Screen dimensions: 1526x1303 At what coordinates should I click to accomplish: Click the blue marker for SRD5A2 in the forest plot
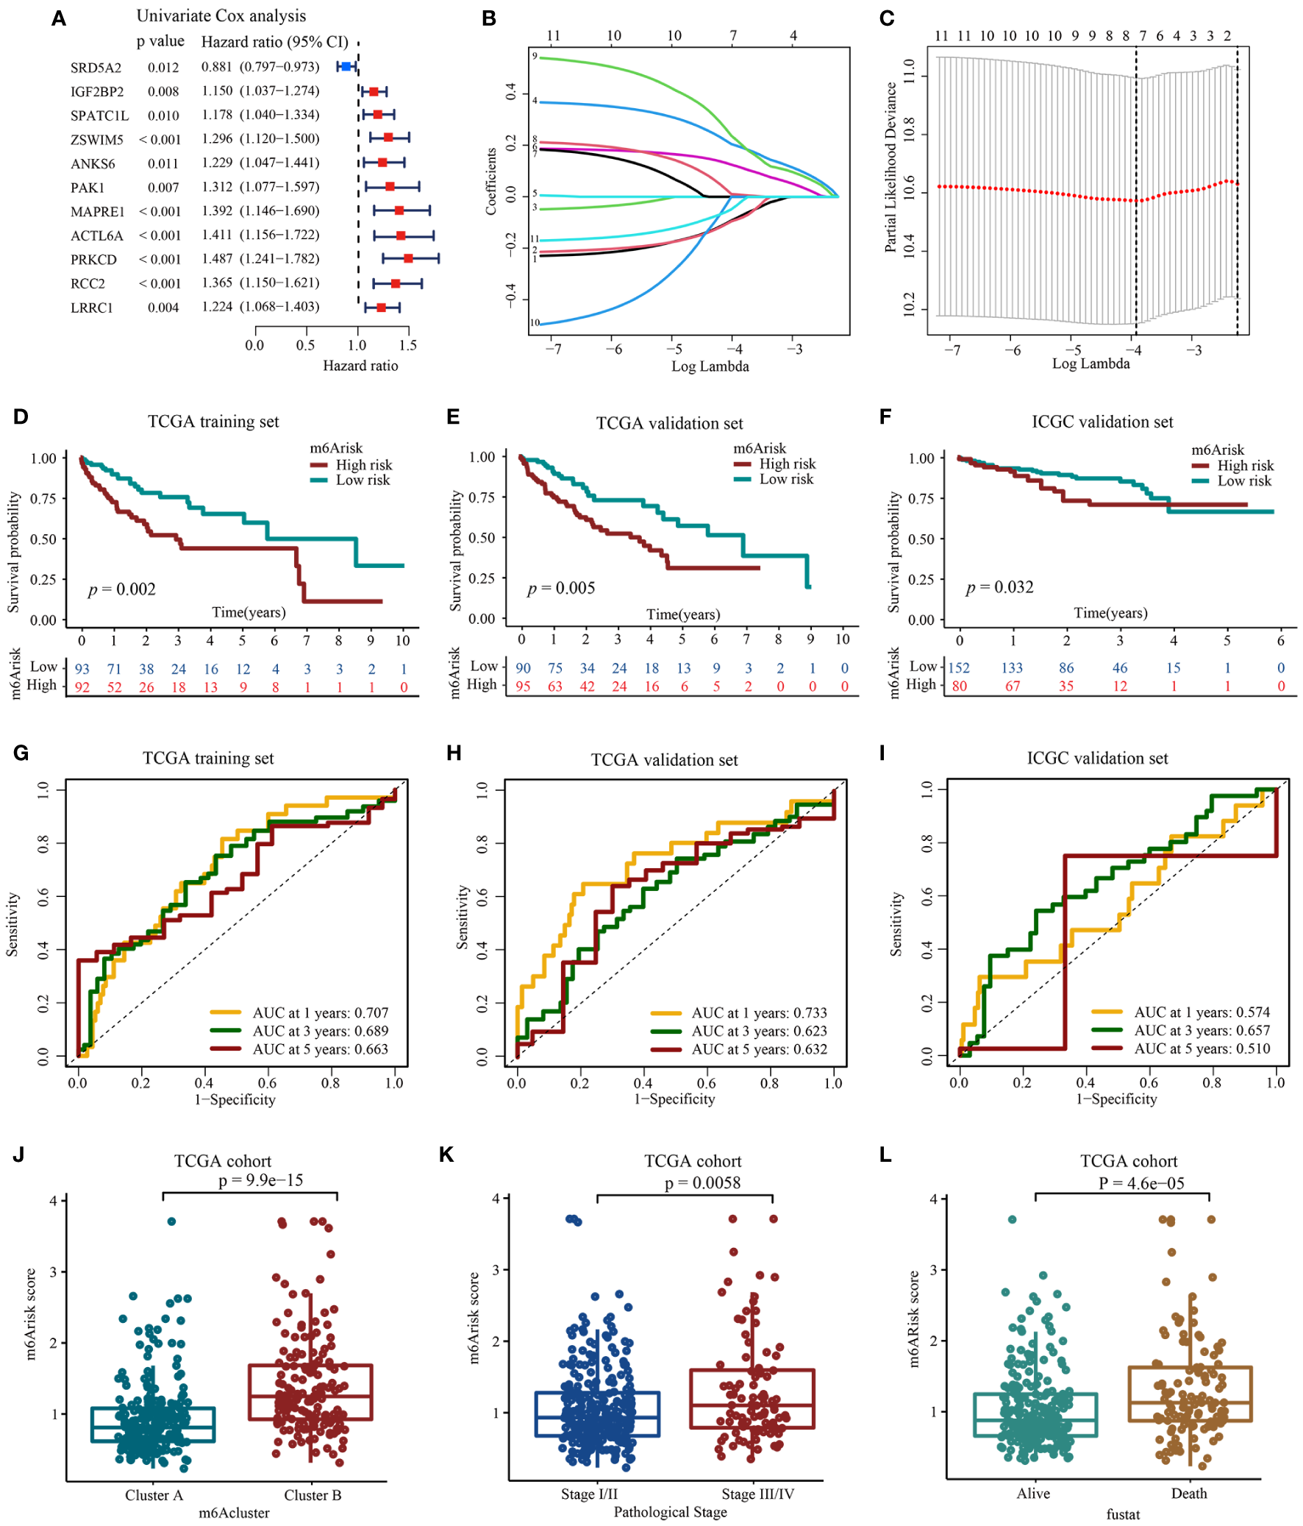[x=346, y=66]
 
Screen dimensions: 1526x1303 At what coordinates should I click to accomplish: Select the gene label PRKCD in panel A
[x=93, y=260]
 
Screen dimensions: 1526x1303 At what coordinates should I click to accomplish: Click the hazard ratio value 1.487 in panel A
[x=217, y=259]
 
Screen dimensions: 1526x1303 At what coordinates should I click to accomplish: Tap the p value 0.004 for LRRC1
[x=163, y=308]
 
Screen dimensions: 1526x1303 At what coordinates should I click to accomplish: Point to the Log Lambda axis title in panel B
[x=710, y=366]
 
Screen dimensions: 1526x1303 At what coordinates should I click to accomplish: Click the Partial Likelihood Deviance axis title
[x=890, y=167]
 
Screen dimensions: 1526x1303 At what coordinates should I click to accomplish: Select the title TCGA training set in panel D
[x=213, y=422]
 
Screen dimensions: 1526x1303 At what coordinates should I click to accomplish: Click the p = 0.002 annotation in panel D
[x=122, y=589]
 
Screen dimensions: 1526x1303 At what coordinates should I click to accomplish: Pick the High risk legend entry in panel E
[x=787, y=464]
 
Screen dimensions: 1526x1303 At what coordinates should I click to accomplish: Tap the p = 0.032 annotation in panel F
[x=1000, y=588]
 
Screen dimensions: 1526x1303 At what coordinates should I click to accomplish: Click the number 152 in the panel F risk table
[x=958, y=668]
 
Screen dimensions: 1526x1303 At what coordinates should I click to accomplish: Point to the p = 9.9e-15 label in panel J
[x=260, y=1181]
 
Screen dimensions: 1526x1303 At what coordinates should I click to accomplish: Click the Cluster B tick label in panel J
[x=313, y=1495]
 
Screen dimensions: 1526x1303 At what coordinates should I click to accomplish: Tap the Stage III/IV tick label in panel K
[x=757, y=1494]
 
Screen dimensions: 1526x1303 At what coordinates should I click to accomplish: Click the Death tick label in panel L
[x=1189, y=1494]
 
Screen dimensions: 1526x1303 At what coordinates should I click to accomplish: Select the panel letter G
[x=21, y=753]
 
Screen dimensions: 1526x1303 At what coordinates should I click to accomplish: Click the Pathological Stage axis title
[x=670, y=1512]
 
